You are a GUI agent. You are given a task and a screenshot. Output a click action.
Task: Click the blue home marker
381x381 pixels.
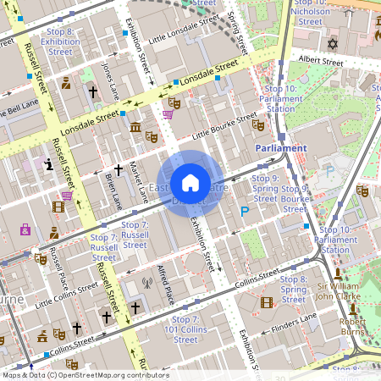click(190, 183)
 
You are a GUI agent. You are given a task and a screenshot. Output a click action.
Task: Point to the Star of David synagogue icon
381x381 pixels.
click(333, 42)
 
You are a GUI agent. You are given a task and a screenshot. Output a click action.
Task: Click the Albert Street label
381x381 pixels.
click(318, 62)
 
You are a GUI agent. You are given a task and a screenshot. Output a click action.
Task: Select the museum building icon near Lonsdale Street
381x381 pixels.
click(135, 128)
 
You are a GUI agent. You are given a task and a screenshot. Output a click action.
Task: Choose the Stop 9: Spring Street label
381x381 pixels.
click(265, 189)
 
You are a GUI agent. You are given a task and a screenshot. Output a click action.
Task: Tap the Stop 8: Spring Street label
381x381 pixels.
click(293, 289)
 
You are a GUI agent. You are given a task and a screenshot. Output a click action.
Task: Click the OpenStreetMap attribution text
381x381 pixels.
click(85, 374)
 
